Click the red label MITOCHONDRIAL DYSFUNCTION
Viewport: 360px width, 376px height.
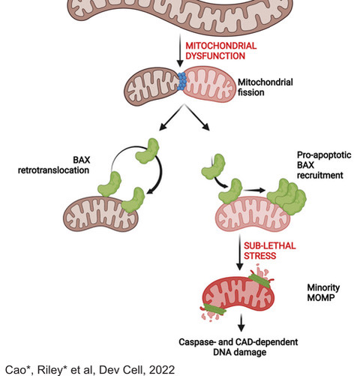click(221, 51)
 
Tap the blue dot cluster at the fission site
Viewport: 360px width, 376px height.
click(181, 81)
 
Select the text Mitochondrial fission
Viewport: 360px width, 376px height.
click(265, 87)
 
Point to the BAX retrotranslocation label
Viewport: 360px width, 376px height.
click(54, 165)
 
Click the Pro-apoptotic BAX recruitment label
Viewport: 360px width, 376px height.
click(324, 165)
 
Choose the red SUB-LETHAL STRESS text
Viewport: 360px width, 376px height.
click(270, 251)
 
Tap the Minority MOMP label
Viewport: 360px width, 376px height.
click(323, 293)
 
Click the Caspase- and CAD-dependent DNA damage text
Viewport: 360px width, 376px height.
click(238, 347)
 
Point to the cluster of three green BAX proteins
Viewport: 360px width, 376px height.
click(287, 197)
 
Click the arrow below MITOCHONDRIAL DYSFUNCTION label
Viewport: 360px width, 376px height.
click(179, 50)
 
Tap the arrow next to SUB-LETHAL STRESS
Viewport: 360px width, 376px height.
click(240, 252)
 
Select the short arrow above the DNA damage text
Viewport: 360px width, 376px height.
click(241, 323)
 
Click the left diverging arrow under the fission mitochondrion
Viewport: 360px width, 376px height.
click(172, 118)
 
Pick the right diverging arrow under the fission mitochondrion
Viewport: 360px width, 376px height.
click(197, 118)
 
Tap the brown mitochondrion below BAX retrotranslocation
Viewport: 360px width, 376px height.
click(100, 214)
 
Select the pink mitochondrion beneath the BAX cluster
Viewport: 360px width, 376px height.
click(253, 214)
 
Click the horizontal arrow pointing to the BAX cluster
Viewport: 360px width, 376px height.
click(254, 191)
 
